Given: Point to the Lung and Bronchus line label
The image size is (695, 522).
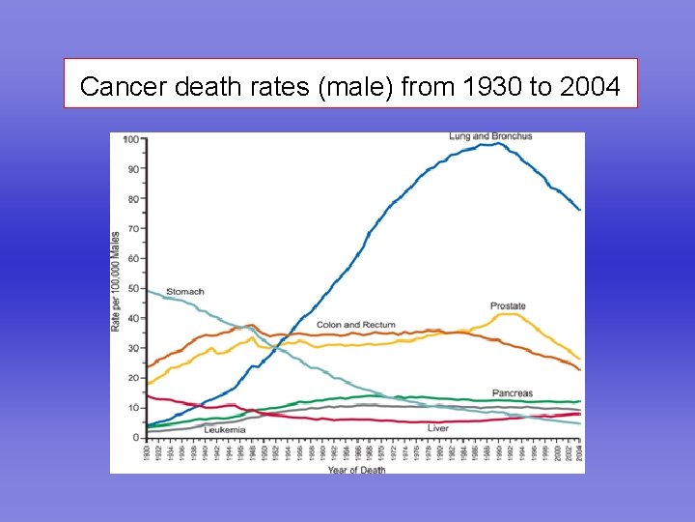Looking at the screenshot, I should click(x=490, y=136).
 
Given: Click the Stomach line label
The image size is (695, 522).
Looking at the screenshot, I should click(x=184, y=291).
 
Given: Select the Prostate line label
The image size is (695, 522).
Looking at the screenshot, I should click(x=508, y=305).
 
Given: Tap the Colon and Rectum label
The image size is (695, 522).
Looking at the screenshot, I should click(x=355, y=325).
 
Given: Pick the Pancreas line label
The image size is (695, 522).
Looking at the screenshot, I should click(x=512, y=392).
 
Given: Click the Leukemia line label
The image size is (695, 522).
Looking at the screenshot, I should click(x=224, y=429).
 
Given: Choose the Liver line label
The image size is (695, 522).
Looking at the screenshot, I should click(x=437, y=427).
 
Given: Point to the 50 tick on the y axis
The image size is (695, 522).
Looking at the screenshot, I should click(x=132, y=288).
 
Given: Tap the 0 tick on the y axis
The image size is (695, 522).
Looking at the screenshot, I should click(x=135, y=438).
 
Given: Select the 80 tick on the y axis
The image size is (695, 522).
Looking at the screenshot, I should click(x=132, y=199).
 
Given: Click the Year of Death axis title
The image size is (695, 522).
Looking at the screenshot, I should click(x=355, y=470).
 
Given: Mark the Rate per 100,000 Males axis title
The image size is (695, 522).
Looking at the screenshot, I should click(x=116, y=280).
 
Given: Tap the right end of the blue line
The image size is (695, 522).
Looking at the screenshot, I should click(x=580, y=210).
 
